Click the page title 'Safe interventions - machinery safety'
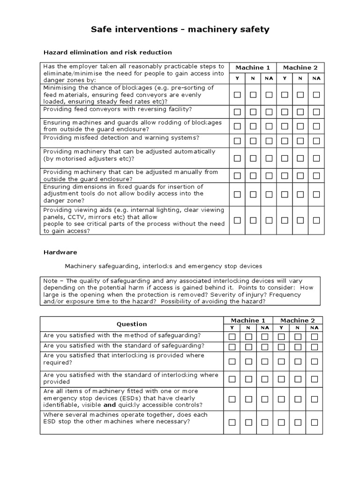click(x=180, y=30)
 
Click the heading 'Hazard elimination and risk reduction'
click(x=108, y=52)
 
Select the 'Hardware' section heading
click(x=60, y=252)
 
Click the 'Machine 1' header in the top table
click(x=253, y=67)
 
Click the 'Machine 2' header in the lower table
click(x=298, y=320)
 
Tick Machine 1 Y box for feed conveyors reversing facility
click(x=237, y=112)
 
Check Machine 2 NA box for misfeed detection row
click(x=316, y=140)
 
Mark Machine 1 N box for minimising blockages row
click(x=253, y=95)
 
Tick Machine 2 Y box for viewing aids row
click(x=285, y=220)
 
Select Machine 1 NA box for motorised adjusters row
click(x=269, y=158)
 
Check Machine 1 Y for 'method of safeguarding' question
click(x=232, y=337)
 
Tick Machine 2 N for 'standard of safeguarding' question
click(x=298, y=347)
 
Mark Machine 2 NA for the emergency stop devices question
click(x=315, y=399)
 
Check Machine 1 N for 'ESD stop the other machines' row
click(x=248, y=422)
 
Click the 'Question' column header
click(x=132, y=324)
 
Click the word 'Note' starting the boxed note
click(x=50, y=281)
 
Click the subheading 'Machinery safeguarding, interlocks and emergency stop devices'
click(x=163, y=266)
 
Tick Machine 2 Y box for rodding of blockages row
click(x=285, y=126)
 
